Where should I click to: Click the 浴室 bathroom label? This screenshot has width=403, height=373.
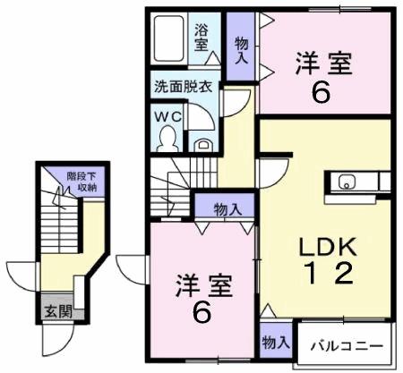pos(202,37)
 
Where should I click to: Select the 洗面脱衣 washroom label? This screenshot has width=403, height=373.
pos(182,88)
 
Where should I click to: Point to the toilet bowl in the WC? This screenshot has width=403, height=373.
pos(167,136)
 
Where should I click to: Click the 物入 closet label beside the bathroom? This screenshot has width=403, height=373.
pos(240,49)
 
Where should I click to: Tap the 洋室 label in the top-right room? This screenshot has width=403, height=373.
pos(324,64)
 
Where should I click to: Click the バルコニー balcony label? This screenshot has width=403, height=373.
pos(347,345)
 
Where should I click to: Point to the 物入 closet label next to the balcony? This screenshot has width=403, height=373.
pos(274,342)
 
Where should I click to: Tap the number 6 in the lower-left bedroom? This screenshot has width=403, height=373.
pos(201,314)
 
